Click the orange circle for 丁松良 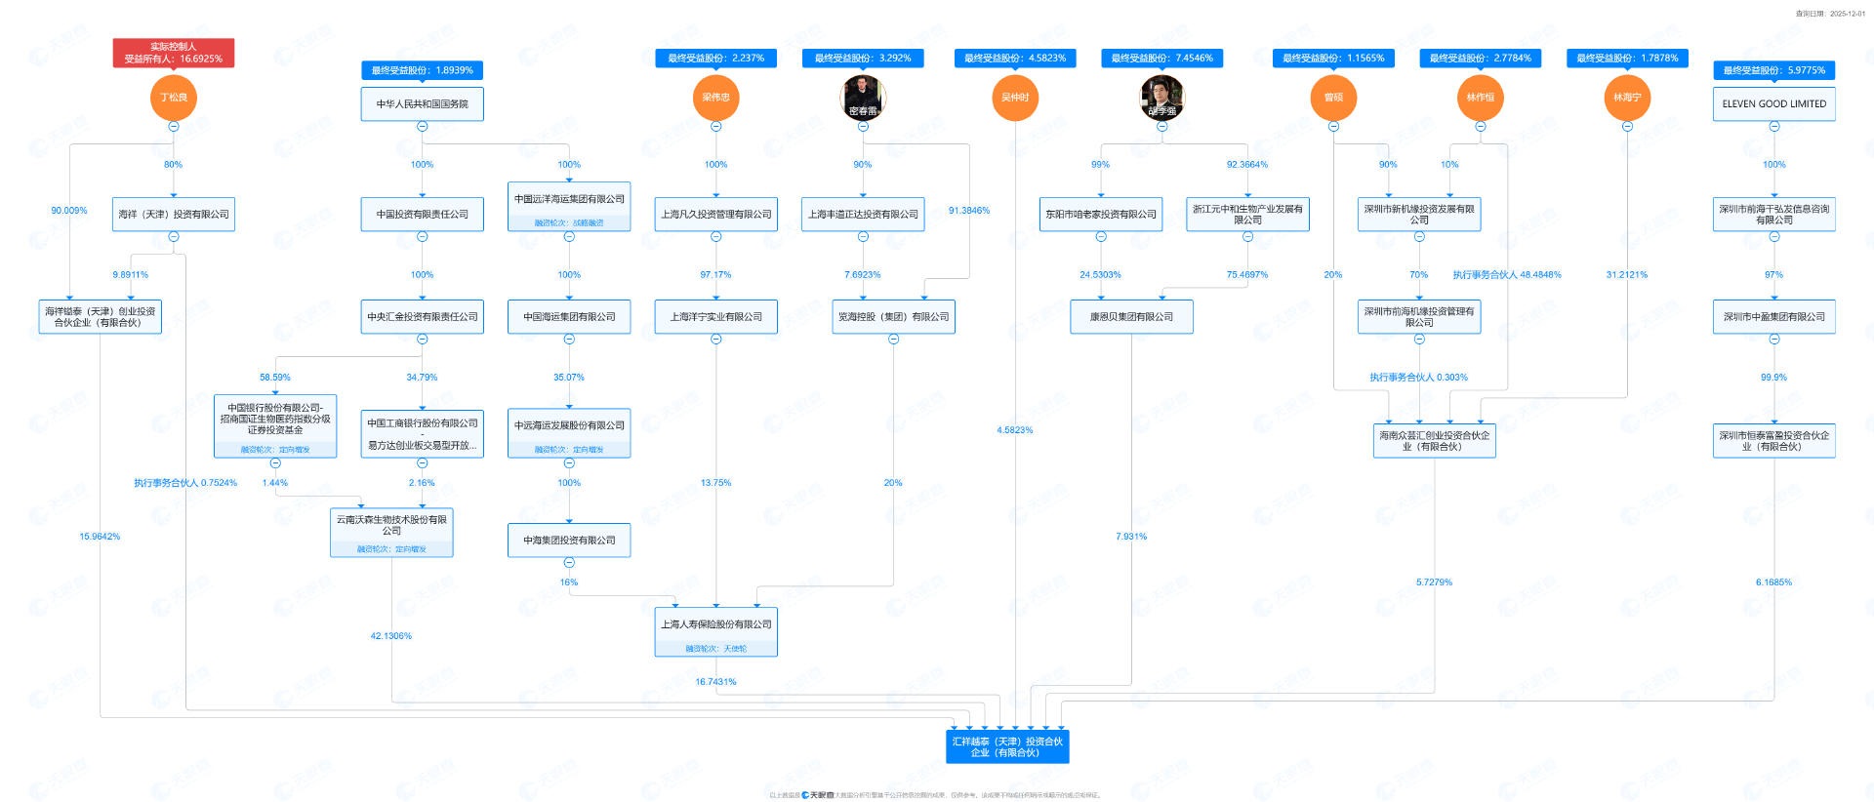174,98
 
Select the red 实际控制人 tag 174,53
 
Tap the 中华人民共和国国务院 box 422,104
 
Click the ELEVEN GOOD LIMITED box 1773,104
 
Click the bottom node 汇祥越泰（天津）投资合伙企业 1007,746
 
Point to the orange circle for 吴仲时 1015,98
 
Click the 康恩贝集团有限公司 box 1131,317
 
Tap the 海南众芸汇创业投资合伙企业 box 1434,441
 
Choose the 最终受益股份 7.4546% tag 1161,59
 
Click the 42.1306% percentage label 390,636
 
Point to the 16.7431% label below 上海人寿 715,682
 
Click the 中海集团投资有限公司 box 569,541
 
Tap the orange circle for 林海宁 1627,98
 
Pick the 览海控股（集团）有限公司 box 893,317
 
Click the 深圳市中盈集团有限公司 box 1773,317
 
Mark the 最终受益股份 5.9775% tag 1773,70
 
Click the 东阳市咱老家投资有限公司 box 1101,215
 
